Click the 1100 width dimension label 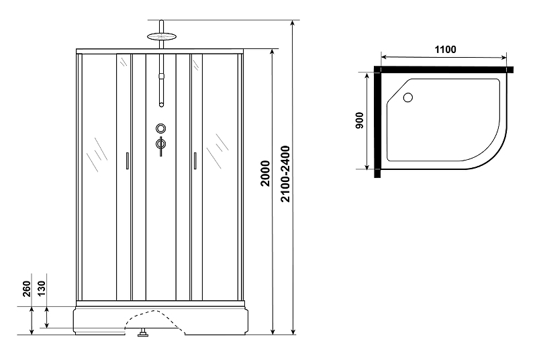[445, 50]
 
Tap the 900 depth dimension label [359, 121]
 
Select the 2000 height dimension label [265, 173]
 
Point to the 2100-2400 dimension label [285, 174]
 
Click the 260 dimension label [27, 289]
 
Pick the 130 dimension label [41, 289]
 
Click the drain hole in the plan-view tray [408, 97]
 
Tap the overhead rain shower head [161, 36]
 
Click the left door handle [127, 161]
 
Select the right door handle [195, 161]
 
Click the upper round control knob [161, 128]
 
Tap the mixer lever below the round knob [160, 145]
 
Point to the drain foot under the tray [142, 332]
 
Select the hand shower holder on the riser [161, 77]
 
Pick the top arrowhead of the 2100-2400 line [293, 23]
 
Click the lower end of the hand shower [161, 105]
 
